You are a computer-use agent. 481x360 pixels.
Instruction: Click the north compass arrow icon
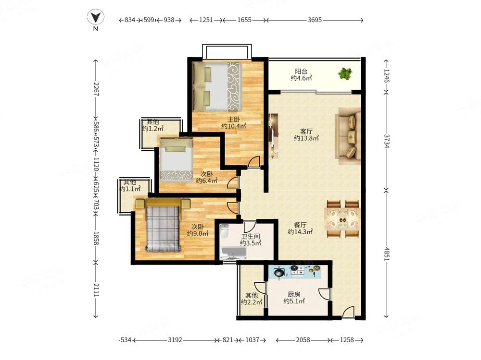tap(95, 17)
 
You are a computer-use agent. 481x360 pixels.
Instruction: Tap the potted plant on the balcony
tap(345, 73)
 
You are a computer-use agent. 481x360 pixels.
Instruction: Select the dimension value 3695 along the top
tap(315, 20)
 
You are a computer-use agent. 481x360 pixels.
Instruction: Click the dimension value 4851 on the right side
tap(386, 254)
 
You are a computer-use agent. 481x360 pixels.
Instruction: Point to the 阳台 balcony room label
tap(301, 72)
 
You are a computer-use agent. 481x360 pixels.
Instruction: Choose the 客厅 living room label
tap(306, 132)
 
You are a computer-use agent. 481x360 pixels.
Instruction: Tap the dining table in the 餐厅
tap(342, 218)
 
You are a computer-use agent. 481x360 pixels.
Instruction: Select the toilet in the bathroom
tap(225, 231)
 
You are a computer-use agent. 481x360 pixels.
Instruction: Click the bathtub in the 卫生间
tap(233, 253)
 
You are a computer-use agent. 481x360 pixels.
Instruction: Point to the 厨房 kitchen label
tap(294, 295)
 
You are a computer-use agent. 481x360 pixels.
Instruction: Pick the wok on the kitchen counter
tap(279, 273)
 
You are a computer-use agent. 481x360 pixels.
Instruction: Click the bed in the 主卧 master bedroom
tap(217, 86)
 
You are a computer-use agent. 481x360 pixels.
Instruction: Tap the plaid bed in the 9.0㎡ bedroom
tap(163, 225)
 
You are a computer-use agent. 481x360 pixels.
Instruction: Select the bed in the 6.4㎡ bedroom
tap(176, 160)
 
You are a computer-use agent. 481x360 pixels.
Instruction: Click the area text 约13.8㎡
tap(306, 138)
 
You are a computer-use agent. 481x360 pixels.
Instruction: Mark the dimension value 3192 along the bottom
tap(175, 340)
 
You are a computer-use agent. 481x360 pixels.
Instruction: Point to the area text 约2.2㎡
tap(251, 302)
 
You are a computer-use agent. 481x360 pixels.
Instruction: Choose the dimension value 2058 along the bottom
tap(303, 340)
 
